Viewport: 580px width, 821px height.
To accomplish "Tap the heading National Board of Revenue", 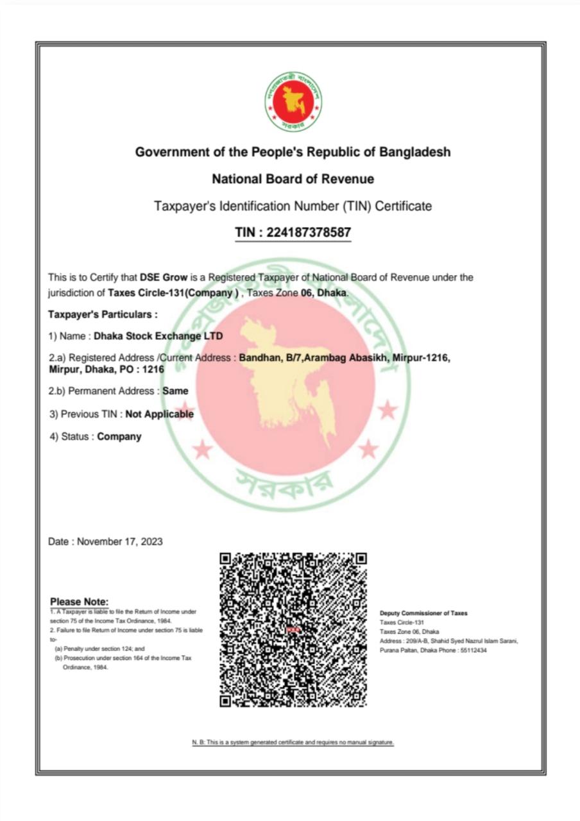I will coord(293,179).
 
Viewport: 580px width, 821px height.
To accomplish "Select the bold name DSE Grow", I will coord(164,278).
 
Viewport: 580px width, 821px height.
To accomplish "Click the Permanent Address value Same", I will coord(176,391).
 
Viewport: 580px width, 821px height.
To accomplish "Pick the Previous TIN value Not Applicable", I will coord(159,414).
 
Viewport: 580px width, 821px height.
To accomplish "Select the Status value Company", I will coord(119,437).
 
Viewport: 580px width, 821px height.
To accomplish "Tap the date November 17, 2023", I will coord(120,541).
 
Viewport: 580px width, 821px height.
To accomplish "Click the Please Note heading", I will coord(79,602).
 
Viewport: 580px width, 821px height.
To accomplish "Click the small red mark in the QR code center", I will coord(293,630).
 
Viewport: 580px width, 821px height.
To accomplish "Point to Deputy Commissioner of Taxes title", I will coord(423,613).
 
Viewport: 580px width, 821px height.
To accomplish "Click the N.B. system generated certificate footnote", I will coord(293,742).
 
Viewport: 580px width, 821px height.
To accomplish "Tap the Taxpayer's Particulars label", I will coord(103,314).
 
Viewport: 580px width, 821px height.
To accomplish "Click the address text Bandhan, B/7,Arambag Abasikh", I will coord(313,358).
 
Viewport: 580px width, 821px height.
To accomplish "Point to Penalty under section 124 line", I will coord(99,648).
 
